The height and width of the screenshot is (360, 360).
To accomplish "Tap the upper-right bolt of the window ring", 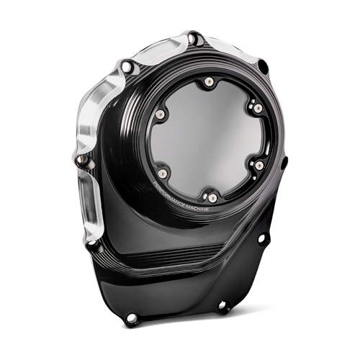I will [x=257, y=107].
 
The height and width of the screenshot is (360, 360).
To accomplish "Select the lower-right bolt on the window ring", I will [x=258, y=165].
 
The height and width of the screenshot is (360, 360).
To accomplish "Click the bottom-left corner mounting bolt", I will [x=131, y=318].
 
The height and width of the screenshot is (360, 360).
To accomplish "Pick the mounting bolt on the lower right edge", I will [x=264, y=238].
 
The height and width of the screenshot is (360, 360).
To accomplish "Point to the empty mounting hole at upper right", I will [x=264, y=67].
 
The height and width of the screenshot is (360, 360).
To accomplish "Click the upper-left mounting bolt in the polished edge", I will [x=127, y=67].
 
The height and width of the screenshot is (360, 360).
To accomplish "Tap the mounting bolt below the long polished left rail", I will [x=94, y=246].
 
